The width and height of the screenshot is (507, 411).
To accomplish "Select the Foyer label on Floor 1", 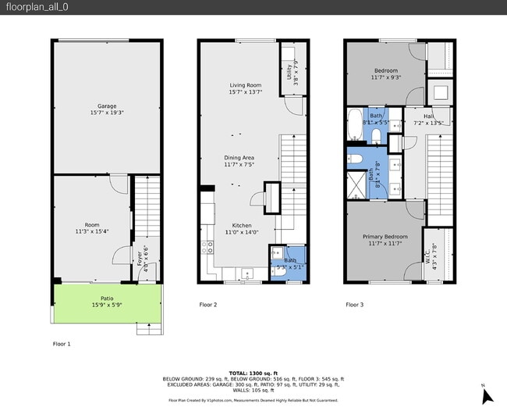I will click(141, 258).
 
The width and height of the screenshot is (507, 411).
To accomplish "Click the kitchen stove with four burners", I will click(208, 248).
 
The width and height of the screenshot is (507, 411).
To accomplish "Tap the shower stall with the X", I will click(356, 184).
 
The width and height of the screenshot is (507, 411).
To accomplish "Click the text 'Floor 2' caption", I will click(207, 305).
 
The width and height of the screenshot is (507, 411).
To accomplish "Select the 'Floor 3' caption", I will click(354, 305).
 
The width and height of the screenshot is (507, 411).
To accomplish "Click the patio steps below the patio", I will click(149, 329).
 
